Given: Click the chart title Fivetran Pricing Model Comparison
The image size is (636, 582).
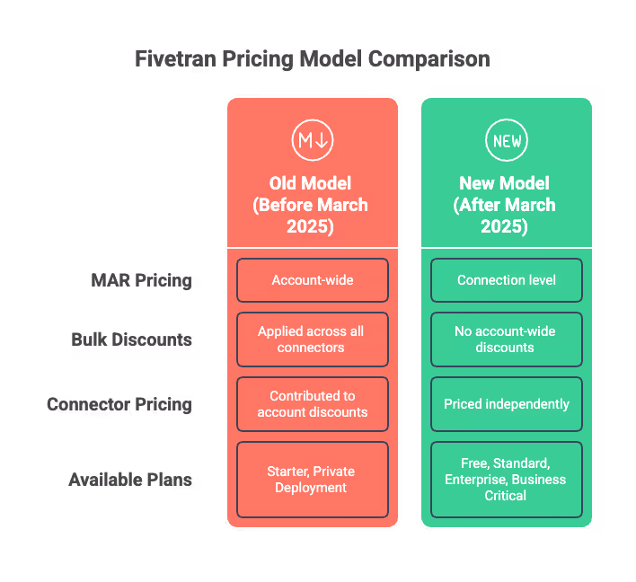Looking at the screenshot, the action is point(312,60).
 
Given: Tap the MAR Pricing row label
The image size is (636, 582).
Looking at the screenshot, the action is point(142,280).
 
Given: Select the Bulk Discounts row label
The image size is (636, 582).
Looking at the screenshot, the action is point(131,339).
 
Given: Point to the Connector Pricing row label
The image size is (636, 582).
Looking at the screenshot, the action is point(119,404).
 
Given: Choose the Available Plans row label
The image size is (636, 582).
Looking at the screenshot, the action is point(130,480).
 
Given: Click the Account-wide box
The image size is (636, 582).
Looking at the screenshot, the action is point(313,280).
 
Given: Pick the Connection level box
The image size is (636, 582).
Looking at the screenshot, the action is point(507,280).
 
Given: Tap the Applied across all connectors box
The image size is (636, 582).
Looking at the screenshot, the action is point(313,339).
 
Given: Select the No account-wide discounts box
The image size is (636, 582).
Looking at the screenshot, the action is point(507,339).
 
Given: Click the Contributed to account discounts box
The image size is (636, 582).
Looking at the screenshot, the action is point(313,404).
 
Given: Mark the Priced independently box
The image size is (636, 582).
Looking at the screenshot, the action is point(507,404).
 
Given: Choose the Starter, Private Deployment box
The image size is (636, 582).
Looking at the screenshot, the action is point(313,480).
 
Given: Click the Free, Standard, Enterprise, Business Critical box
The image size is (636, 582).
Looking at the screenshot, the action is point(507,480).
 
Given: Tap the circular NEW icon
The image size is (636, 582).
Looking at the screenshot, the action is point(507,140).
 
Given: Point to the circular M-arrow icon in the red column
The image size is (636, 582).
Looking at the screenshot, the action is point(313,140).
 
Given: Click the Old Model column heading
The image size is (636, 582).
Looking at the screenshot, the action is point(313,205).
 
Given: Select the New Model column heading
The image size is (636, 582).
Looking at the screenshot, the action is point(507,205).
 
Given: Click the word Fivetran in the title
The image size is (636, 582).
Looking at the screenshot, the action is point(172,60).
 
